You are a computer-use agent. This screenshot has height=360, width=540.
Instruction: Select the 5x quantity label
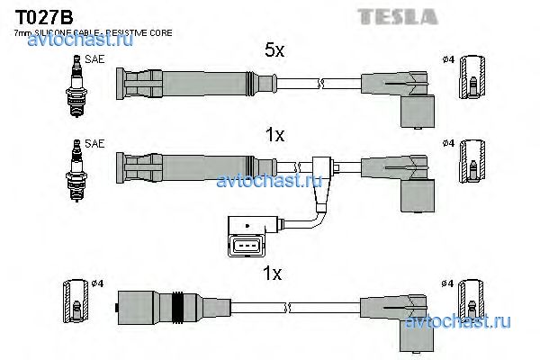(274, 51)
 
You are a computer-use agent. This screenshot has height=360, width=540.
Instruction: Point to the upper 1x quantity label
(274, 135)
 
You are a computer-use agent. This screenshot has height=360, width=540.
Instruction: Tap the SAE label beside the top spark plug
(95, 59)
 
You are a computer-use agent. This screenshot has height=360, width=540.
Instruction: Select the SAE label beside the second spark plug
(95, 143)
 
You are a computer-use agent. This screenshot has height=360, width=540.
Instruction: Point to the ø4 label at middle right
(450, 143)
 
